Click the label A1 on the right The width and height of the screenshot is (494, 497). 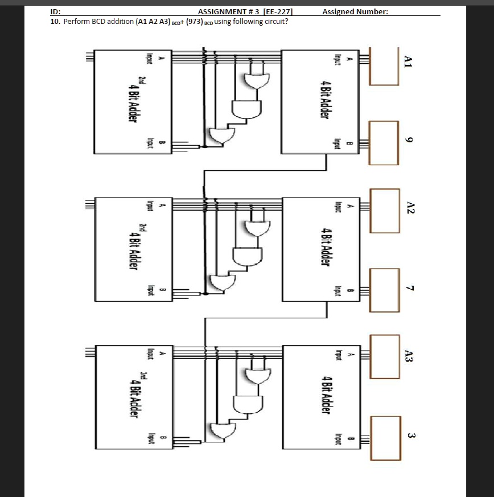pyautogui.click(x=407, y=61)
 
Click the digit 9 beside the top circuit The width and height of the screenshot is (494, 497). pyautogui.click(x=408, y=140)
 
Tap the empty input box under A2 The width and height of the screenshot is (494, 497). pyautogui.click(x=384, y=211)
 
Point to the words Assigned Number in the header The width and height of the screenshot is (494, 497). pyautogui.click(x=355, y=11)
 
